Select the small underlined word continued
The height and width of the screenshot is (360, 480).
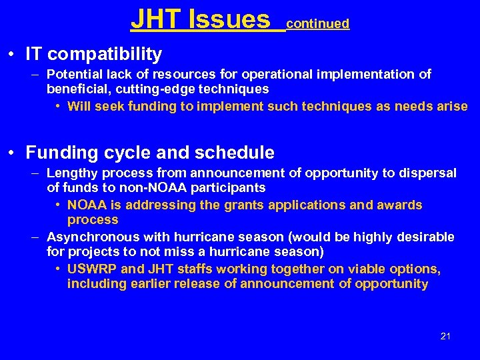[317, 24]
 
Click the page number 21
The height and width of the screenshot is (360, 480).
[445, 336]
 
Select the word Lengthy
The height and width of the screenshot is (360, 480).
[71, 173]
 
